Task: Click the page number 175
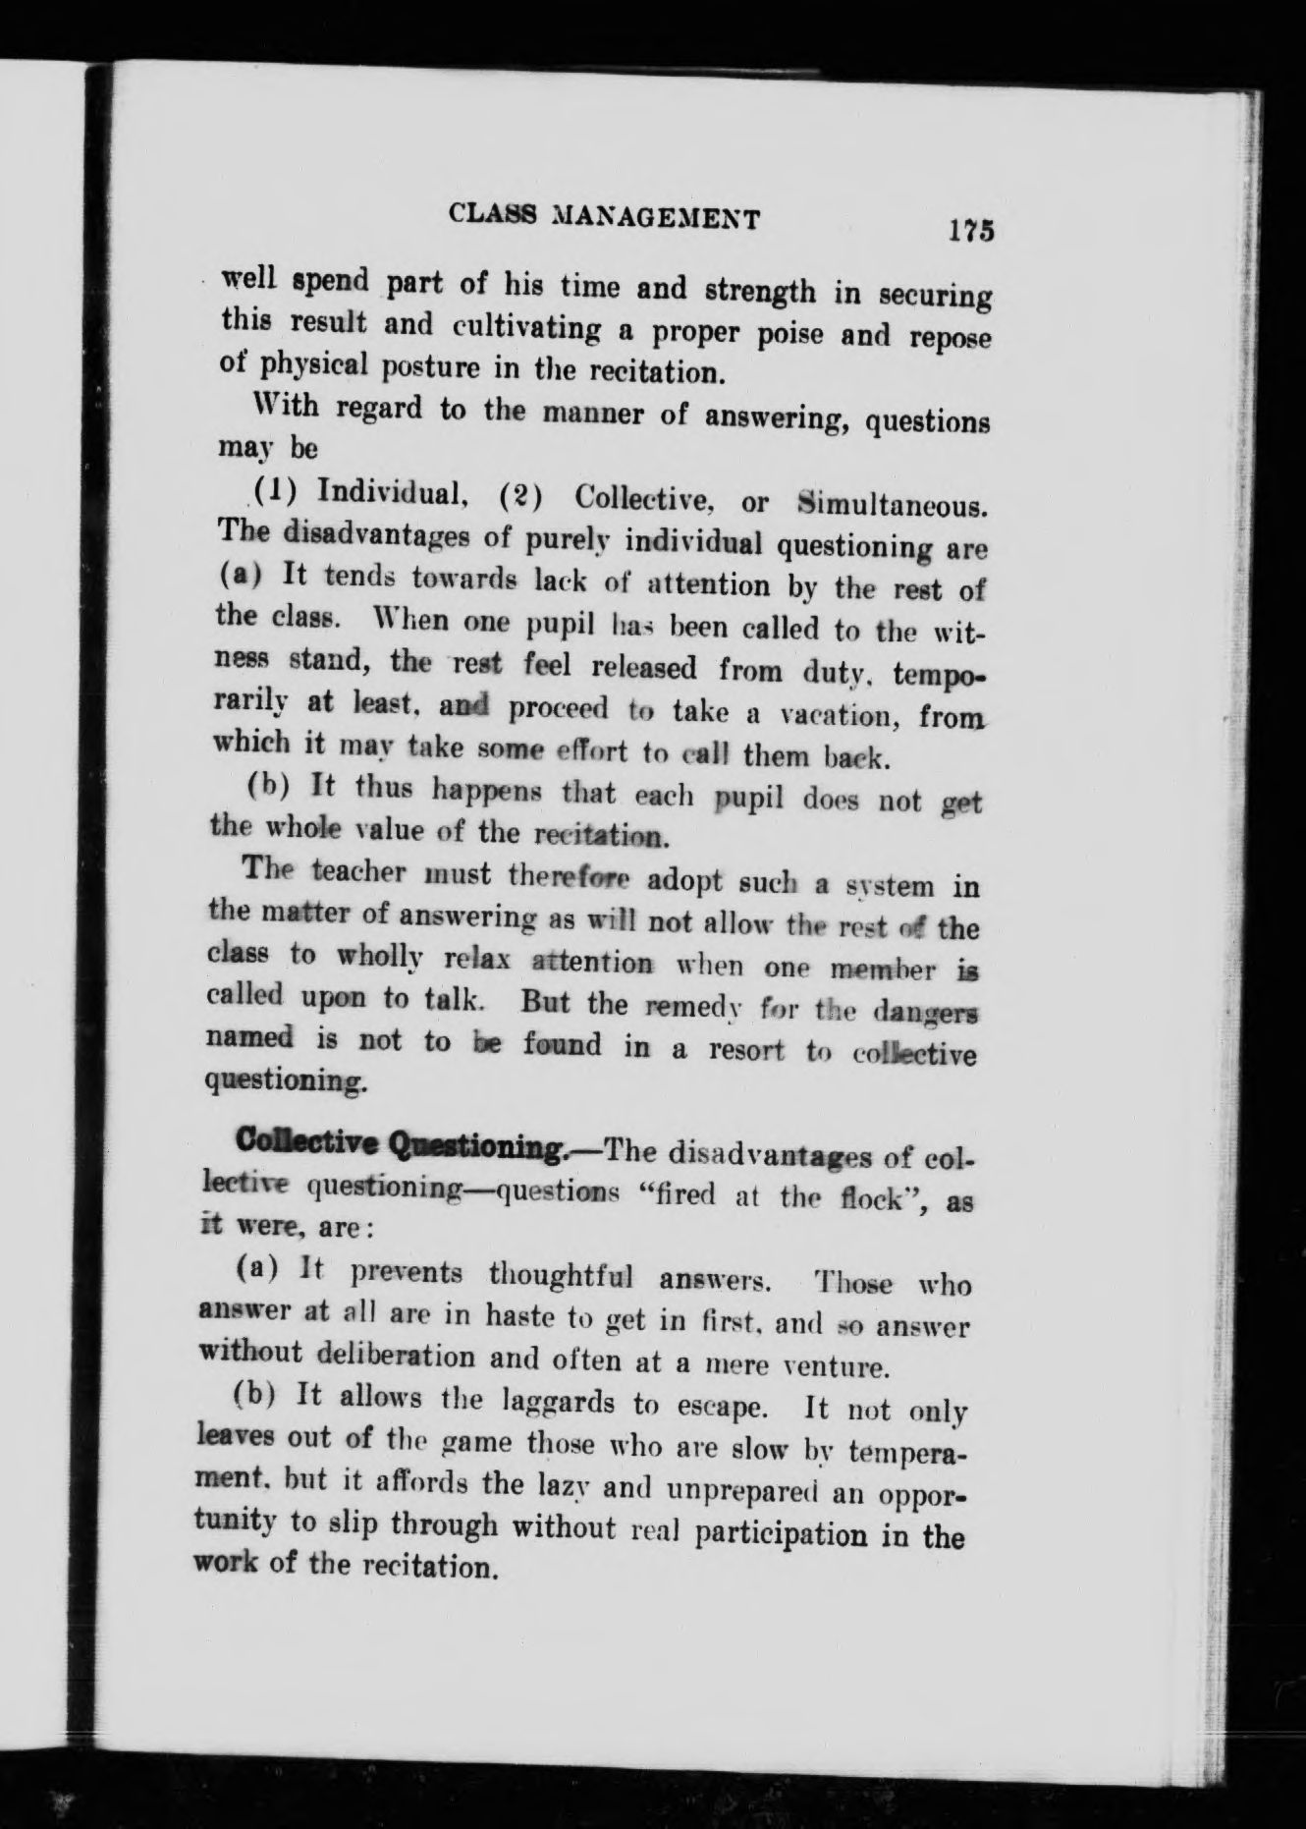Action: point(971,230)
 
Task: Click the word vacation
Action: point(810,714)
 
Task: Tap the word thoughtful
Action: point(560,1275)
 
